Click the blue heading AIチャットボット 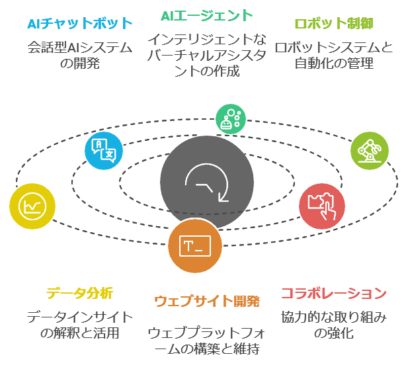pyautogui.click(x=80, y=24)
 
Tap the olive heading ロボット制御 pyautogui.click(x=333, y=24)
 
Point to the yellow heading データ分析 pyautogui.click(x=79, y=292)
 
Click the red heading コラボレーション pyautogui.click(x=333, y=292)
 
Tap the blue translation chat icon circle pyautogui.click(x=104, y=151)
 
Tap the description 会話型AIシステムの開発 pyautogui.click(x=80, y=56)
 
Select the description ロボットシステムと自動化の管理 pyautogui.click(x=333, y=56)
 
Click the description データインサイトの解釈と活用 pyautogui.click(x=79, y=325)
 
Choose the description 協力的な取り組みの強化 pyautogui.click(x=333, y=325)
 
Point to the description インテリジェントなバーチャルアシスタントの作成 pyautogui.click(x=206, y=56)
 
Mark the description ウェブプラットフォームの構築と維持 pyautogui.click(x=206, y=340)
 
